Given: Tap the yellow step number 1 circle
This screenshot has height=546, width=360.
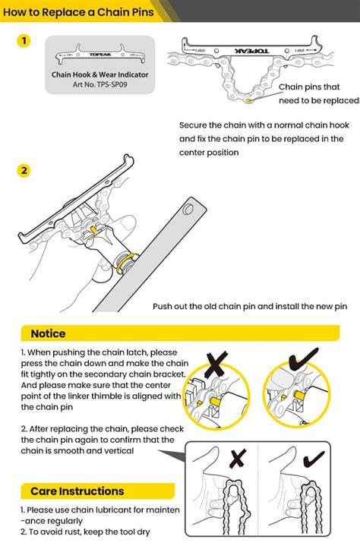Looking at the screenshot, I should [x=25, y=41].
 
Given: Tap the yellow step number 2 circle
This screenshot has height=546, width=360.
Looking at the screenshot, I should [x=25, y=170].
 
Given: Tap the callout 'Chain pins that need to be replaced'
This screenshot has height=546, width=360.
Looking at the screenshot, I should [x=318, y=93].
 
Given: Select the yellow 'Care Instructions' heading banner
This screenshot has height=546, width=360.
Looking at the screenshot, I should [x=76, y=491].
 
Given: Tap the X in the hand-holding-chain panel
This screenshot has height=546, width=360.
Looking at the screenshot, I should [x=237, y=459].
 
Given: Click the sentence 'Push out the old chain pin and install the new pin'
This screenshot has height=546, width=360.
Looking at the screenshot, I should [x=250, y=306].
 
